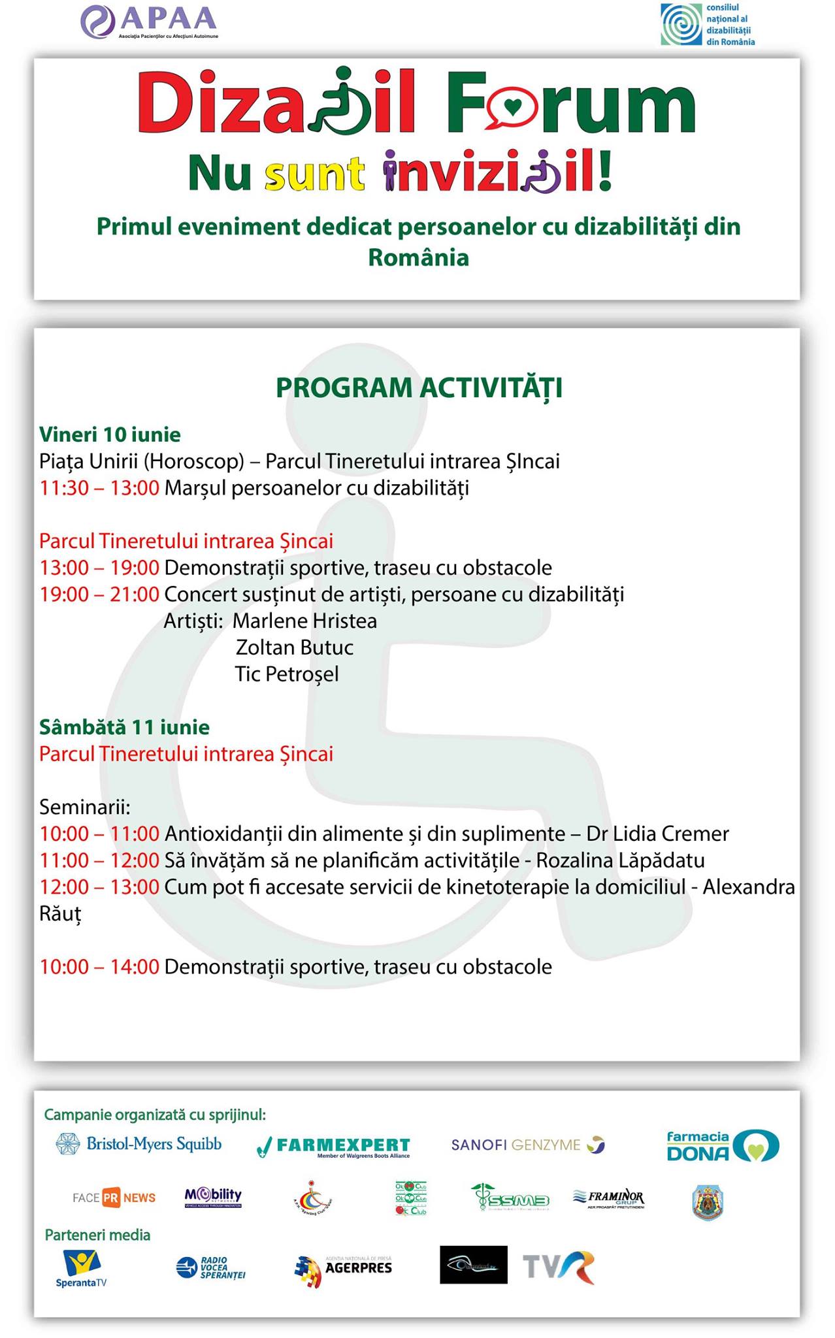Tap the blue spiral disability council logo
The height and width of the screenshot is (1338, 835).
708,25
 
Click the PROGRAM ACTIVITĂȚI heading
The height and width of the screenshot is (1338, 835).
419,387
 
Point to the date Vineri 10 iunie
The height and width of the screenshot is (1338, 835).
110,434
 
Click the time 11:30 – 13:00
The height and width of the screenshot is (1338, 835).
99,488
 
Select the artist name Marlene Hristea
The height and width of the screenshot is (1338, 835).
305,621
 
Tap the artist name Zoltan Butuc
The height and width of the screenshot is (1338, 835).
295,647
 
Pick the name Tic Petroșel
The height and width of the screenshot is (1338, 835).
287,674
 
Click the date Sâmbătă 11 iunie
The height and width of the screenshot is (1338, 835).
124,727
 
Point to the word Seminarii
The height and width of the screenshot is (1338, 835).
85,808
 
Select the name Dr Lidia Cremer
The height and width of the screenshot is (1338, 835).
657,834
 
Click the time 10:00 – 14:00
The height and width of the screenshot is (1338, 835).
99,967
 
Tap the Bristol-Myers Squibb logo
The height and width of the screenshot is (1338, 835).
139,1144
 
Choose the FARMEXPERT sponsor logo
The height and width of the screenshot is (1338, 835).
334,1146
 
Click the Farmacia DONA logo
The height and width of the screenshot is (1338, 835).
722,1145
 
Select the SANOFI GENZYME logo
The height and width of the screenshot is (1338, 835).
528,1145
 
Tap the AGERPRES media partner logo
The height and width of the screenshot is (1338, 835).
344,1268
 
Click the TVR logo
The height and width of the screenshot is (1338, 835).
559,1267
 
